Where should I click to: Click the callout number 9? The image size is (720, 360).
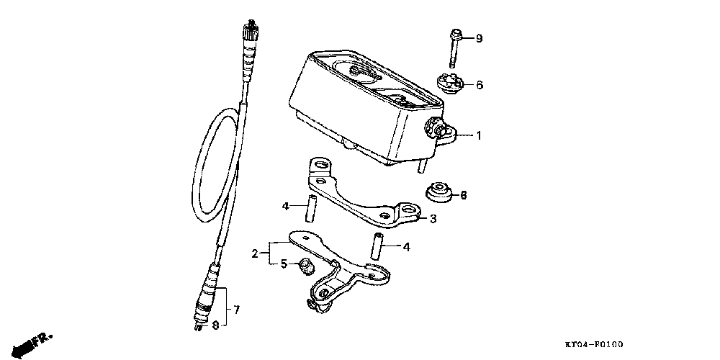click(x=478, y=39)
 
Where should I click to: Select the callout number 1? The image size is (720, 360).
click(x=478, y=135)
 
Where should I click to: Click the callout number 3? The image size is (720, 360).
click(x=433, y=219)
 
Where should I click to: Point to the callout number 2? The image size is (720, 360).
click(x=255, y=253)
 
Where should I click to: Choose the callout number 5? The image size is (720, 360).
click(x=284, y=264)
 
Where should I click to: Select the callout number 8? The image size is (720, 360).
click(x=214, y=325)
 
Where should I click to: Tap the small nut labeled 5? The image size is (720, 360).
click(x=305, y=266)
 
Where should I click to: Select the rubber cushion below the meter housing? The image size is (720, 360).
click(x=438, y=194)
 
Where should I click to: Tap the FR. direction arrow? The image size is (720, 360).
click(x=32, y=342)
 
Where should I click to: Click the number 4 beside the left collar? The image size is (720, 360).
click(x=284, y=207)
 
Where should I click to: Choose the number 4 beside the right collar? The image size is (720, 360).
click(x=406, y=247)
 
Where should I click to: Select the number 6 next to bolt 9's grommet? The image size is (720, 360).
click(x=479, y=85)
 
